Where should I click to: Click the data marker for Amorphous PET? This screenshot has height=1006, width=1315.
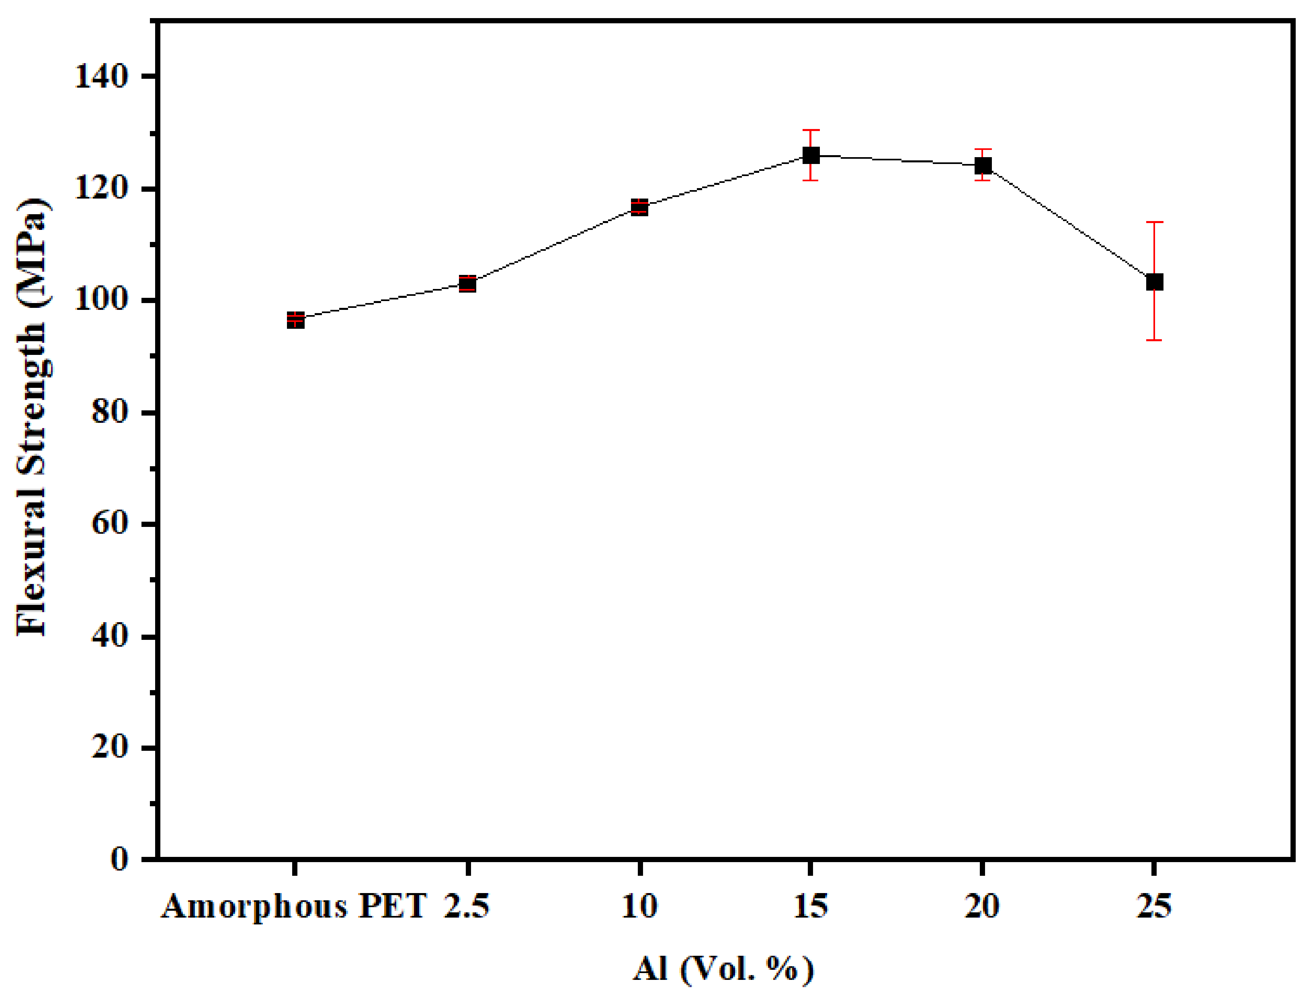tap(295, 320)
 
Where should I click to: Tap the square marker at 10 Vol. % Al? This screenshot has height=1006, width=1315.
tap(639, 207)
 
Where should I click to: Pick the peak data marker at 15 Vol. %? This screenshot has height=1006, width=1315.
tap(811, 155)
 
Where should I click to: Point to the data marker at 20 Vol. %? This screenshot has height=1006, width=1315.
tap(983, 165)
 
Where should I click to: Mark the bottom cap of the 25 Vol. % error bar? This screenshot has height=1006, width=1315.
tap(1155, 340)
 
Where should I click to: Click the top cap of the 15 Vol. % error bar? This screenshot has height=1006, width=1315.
tap(811, 130)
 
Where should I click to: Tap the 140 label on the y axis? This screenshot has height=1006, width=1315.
tap(102, 77)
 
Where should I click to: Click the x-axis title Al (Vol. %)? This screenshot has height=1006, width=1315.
tap(723, 969)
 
